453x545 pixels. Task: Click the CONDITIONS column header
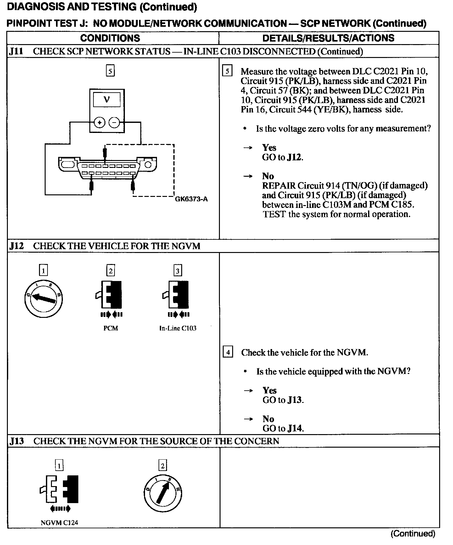click(110, 38)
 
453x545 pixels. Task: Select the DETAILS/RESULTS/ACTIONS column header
click(328, 38)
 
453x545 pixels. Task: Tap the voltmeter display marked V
click(107, 100)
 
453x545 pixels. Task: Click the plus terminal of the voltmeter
click(99, 123)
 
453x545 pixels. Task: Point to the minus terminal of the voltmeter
click(114, 123)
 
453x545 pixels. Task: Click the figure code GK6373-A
click(191, 199)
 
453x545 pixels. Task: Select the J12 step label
click(16, 246)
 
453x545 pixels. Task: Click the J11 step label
click(16, 51)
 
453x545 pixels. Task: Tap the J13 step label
click(16, 441)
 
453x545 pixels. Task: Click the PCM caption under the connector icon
click(111, 328)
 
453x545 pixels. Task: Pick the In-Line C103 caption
click(178, 328)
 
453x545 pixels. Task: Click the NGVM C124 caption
click(59, 523)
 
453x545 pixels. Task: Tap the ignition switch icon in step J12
click(44, 298)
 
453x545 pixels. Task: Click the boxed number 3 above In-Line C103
click(178, 271)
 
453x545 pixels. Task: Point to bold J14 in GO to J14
click(295, 428)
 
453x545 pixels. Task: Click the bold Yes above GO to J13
click(270, 391)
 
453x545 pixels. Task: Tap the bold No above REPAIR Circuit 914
click(268, 176)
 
